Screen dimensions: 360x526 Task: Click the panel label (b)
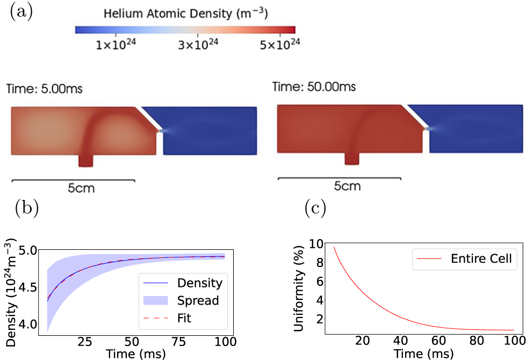[27, 208]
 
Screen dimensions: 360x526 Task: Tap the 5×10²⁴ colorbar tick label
[278, 45]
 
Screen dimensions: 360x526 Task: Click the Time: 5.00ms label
[45, 89]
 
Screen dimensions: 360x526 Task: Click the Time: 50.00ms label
[314, 87]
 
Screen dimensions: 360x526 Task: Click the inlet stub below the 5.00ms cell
[85, 160]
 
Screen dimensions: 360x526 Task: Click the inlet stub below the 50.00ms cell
[352, 157]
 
